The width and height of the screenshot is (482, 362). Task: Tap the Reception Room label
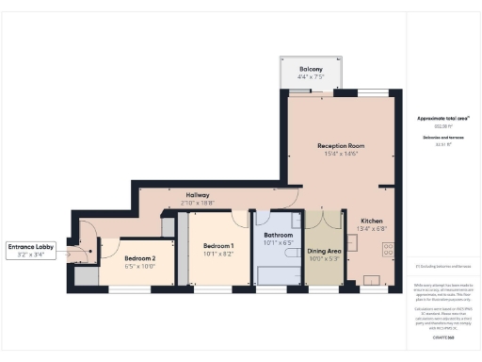(340, 146)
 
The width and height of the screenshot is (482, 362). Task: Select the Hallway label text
(197, 195)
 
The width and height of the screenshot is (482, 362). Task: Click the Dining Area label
(323, 251)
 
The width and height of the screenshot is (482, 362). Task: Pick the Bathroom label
(279, 235)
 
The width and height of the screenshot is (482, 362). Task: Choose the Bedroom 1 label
(217, 246)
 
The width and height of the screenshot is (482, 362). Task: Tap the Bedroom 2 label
(139, 257)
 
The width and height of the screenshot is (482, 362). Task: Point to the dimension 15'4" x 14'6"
(340, 154)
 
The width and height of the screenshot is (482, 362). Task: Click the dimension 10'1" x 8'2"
(217, 254)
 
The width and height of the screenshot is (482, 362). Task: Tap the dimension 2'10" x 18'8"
(197, 203)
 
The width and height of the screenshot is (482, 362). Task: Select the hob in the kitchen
(387, 250)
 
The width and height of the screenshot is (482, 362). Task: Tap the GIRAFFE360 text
(442, 337)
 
